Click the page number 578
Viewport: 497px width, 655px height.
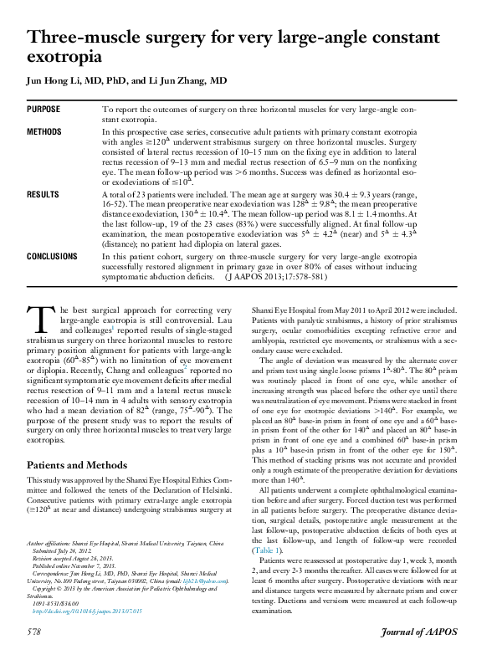[x=35, y=631]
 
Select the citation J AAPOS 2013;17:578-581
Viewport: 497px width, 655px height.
[x=274, y=275]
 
